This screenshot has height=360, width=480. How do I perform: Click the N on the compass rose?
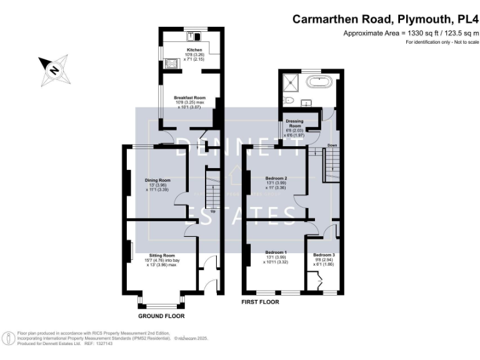coord(54,70)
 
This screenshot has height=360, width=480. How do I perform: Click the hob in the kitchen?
coord(171,62)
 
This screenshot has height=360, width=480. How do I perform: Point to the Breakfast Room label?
coord(189,97)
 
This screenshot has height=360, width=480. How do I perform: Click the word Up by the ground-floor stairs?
coord(214,211)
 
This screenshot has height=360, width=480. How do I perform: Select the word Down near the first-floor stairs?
coord(332,146)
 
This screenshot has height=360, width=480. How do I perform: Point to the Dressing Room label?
coord(294,122)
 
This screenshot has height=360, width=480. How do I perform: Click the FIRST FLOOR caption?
coord(260,302)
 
